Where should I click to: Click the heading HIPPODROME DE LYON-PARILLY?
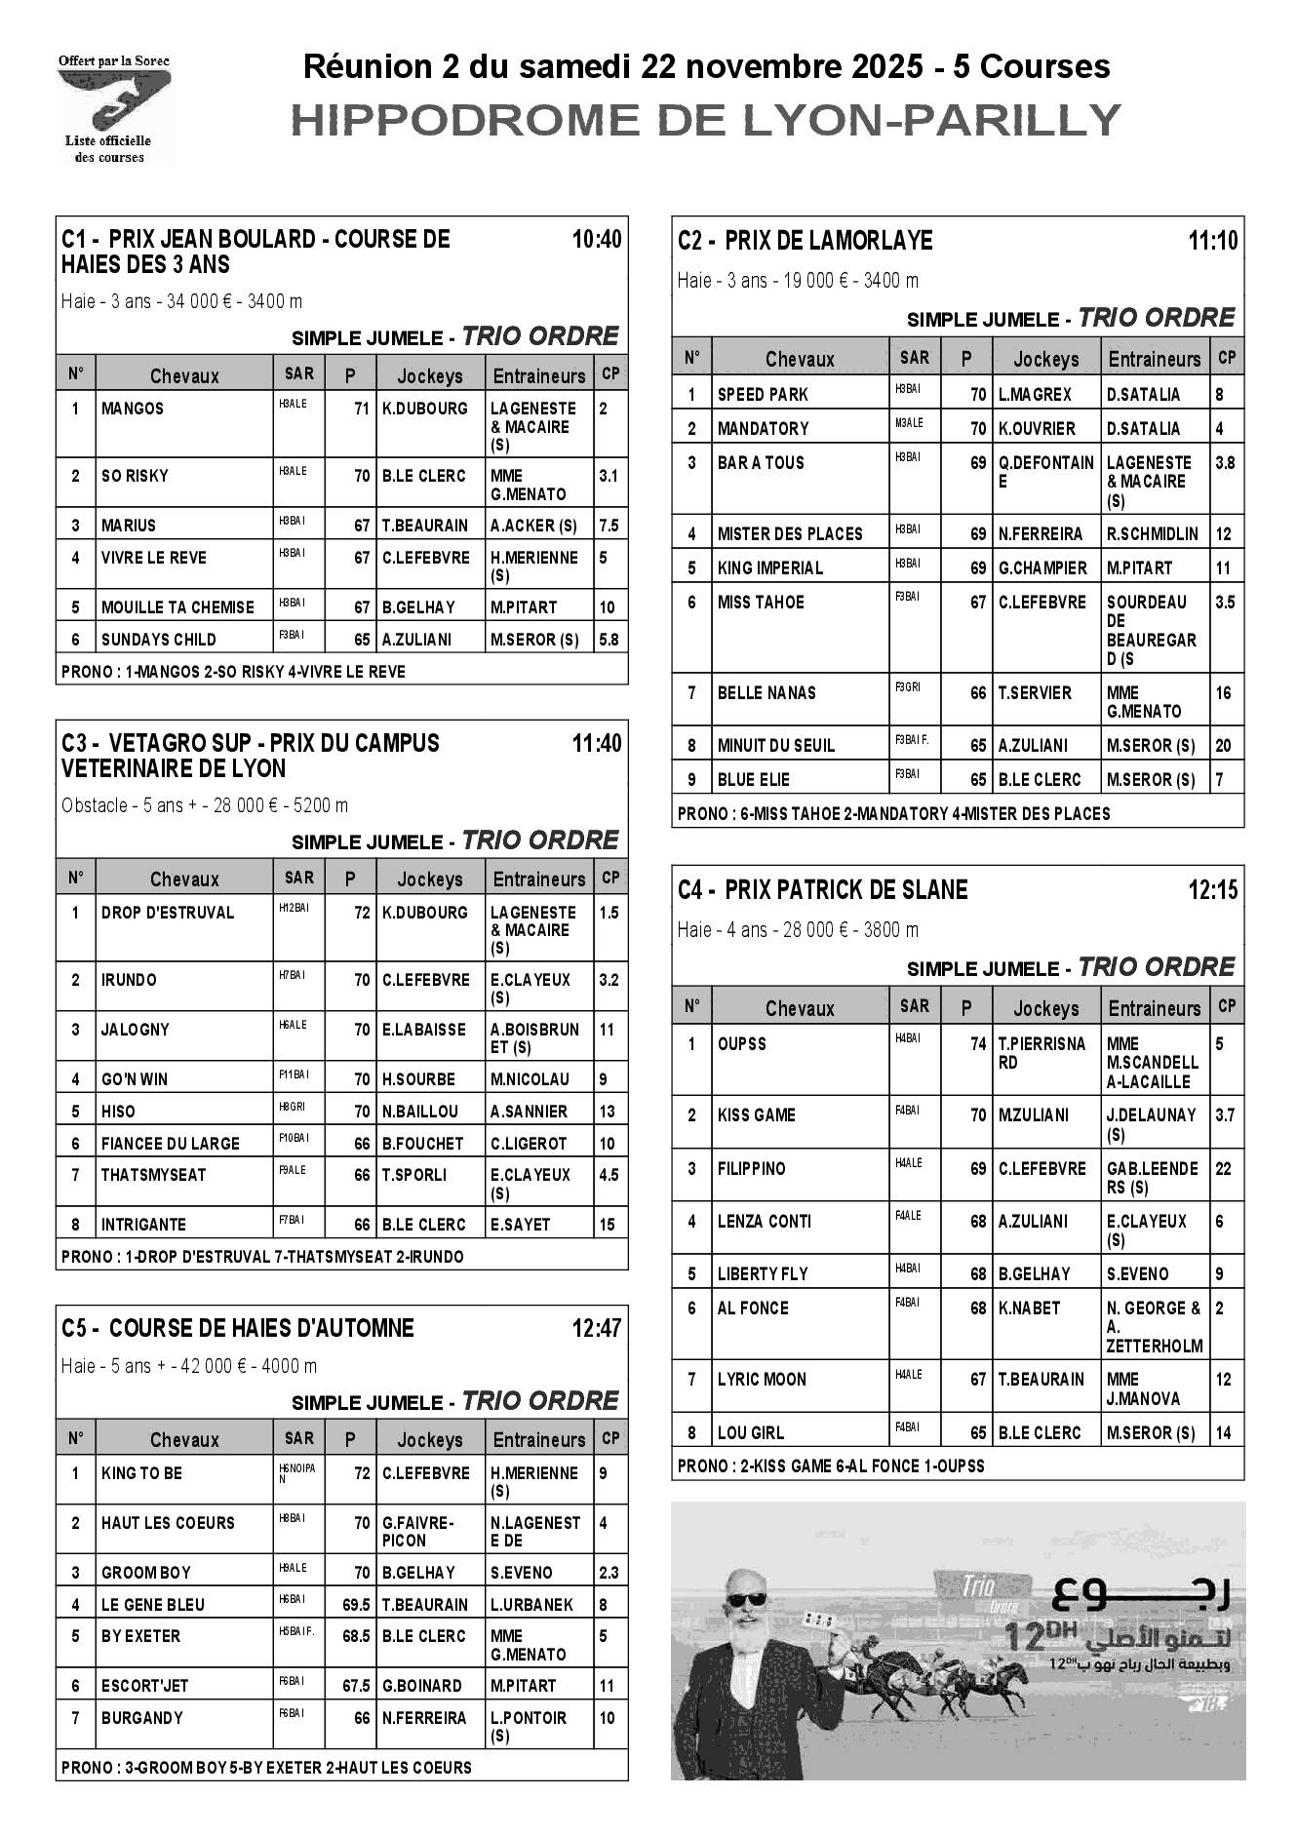[x=706, y=121]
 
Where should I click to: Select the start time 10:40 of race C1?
[x=597, y=240]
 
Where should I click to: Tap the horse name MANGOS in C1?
[x=133, y=409]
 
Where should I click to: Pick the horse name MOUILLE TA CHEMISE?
[x=177, y=606]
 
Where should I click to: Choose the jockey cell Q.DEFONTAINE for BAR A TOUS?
[x=1045, y=472]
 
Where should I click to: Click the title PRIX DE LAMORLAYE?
[x=829, y=241]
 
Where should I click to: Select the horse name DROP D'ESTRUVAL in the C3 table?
[x=168, y=913]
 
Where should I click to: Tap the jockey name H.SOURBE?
[x=418, y=1079]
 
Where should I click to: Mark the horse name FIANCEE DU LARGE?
[x=170, y=1144]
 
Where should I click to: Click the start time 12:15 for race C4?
[x=1213, y=889]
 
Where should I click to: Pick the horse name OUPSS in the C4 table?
[x=742, y=1044]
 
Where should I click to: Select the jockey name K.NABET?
[x=1029, y=1309]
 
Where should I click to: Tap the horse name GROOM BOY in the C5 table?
[x=146, y=1573]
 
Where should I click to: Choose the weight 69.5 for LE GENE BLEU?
[x=356, y=1605]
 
